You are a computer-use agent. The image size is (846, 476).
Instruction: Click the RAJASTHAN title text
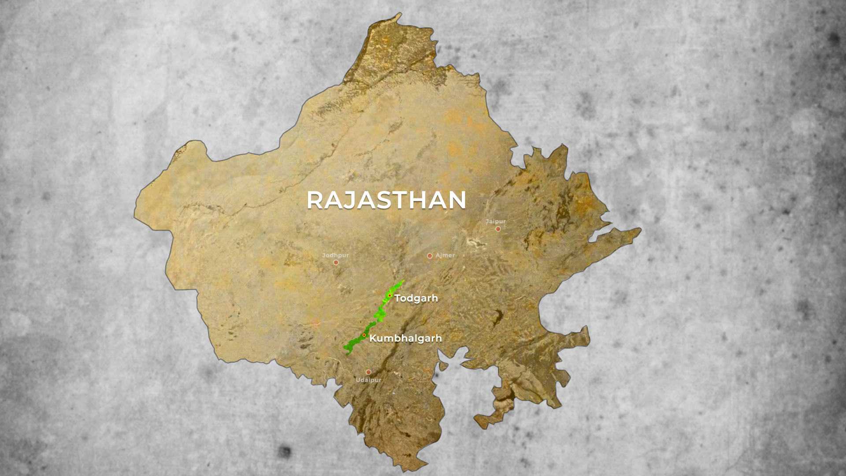[x=386, y=200]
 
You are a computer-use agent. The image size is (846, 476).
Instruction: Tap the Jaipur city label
[x=495, y=221]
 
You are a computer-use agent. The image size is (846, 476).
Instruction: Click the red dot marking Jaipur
[x=498, y=229]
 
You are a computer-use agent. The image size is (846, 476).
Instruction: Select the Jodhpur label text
[x=335, y=255]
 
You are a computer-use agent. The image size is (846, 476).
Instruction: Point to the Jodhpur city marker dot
[x=336, y=262]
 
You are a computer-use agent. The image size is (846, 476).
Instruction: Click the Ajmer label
[x=445, y=255]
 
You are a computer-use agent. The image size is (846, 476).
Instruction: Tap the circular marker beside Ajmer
[x=430, y=256]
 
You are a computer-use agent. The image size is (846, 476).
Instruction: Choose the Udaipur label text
[x=368, y=380]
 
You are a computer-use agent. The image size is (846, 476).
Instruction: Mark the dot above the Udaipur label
[x=368, y=372]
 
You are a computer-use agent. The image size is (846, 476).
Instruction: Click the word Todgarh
[x=416, y=298]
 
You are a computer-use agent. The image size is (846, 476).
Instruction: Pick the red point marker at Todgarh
[x=390, y=295]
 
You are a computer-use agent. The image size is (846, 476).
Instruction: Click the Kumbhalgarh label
[x=405, y=338]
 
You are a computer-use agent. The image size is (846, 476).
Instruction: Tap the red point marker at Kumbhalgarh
[x=364, y=335]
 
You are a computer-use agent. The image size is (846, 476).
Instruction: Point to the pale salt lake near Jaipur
[x=475, y=242]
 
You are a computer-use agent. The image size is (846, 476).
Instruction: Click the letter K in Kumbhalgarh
[x=373, y=338]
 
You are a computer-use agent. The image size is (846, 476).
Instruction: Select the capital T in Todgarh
[x=398, y=298]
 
